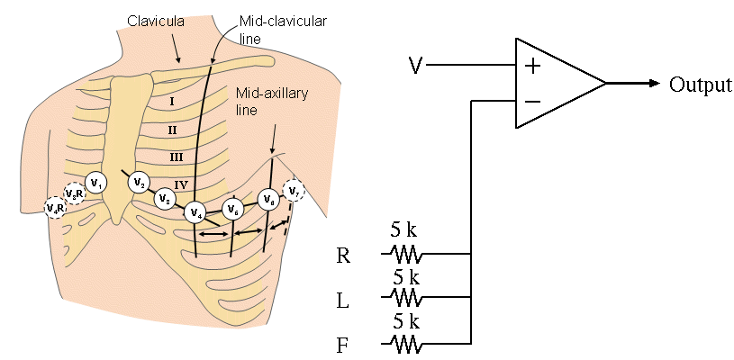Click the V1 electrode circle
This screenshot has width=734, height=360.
[97, 183]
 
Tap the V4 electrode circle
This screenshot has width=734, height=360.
[196, 212]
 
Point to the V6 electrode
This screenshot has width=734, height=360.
[267, 200]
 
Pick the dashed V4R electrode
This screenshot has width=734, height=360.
[55, 208]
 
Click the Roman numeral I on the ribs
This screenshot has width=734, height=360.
[170, 102]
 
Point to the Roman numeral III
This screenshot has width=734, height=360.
[177, 157]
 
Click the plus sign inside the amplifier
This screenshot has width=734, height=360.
[532, 65]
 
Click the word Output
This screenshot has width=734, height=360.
[700, 85]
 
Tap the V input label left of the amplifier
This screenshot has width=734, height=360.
[415, 65]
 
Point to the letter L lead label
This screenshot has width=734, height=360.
[342, 301]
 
